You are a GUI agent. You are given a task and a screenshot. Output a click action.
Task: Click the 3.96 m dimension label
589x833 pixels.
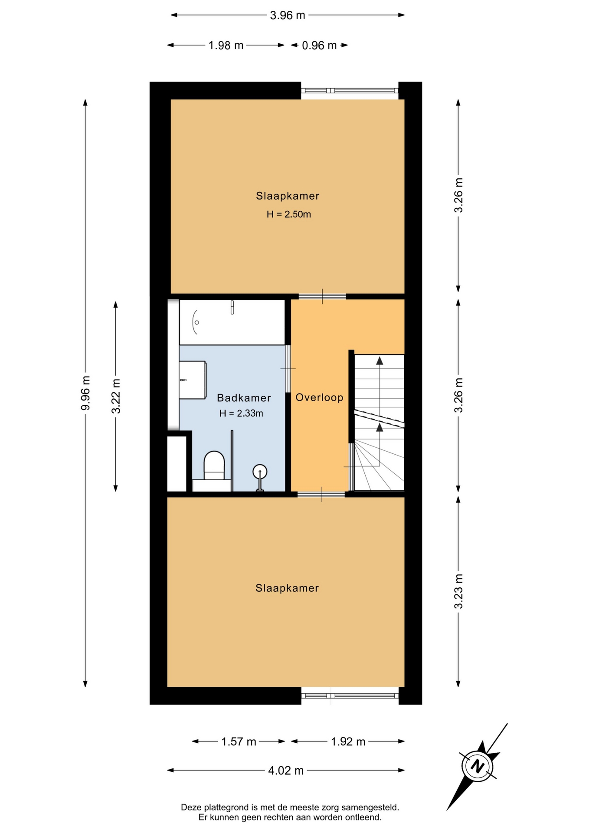(288, 15)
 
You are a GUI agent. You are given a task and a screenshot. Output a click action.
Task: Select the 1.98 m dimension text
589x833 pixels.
(226, 45)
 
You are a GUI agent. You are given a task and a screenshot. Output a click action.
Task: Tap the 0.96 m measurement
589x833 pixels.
(319, 45)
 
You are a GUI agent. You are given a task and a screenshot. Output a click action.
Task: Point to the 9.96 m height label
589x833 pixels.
(85, 393)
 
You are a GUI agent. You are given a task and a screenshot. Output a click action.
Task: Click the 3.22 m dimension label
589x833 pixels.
(116, 396)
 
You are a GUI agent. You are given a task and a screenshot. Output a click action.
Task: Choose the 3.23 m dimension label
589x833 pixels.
(458, 591)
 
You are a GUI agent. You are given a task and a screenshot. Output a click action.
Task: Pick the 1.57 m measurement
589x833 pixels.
(239, 741)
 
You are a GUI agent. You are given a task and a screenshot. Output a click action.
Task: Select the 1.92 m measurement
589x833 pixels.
(348, 741)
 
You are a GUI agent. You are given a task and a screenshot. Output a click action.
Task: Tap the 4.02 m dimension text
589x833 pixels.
(286, 771)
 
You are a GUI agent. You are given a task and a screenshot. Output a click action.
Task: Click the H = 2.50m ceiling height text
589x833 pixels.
(289, 214)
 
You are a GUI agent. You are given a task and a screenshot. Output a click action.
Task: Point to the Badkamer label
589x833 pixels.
(244, 398)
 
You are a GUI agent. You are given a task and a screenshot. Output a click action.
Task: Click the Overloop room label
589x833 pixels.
(320, 397)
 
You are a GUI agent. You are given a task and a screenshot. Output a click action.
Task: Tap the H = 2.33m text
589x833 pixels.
(241, 413)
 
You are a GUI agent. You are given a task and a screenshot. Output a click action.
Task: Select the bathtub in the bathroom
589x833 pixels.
(232, 322)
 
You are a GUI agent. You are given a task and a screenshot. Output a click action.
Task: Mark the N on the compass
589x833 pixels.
(478, 766)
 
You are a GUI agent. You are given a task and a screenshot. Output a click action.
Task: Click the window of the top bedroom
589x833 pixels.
(350, 91)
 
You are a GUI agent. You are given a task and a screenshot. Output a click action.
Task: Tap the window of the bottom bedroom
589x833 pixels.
(350, 695)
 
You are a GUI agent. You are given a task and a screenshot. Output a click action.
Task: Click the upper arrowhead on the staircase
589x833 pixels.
(380, 360)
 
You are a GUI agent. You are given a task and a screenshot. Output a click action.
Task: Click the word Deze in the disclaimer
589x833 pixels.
(191, 807)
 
